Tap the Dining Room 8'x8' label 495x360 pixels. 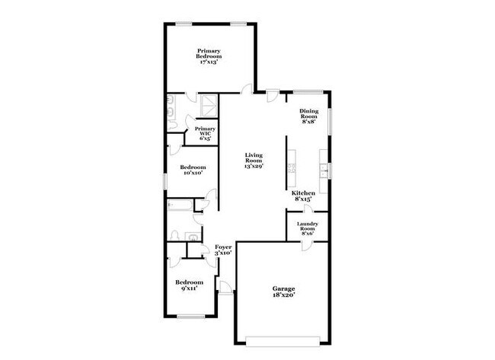tap(308, 116)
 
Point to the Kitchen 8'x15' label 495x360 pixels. tap(303, 197)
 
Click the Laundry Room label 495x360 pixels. tap(307, 228)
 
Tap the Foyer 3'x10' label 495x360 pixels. tap(222, 250)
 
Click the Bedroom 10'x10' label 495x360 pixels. tap(192, 170)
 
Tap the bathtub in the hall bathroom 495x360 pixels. tap(180, 205)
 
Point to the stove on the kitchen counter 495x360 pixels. tap(290, 167)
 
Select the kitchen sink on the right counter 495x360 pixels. tap(325, 170)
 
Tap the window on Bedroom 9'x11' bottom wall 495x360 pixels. tap(190, 316)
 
